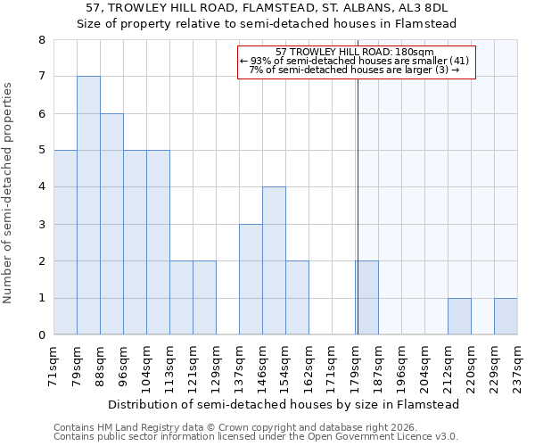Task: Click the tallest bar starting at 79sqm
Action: [88, 205]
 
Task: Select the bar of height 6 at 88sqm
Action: [111, 224]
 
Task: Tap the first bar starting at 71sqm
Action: [65, 243]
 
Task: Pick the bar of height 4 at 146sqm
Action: [274, 260]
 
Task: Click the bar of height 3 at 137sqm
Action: [251, 279]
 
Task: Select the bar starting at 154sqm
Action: [297, 298]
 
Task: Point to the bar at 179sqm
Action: [366, 298]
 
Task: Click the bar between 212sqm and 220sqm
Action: [459, 317]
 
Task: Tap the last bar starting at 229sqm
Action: [506, 317]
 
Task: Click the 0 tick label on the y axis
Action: [41, 335]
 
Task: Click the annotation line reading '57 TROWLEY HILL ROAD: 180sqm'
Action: [355, 52]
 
